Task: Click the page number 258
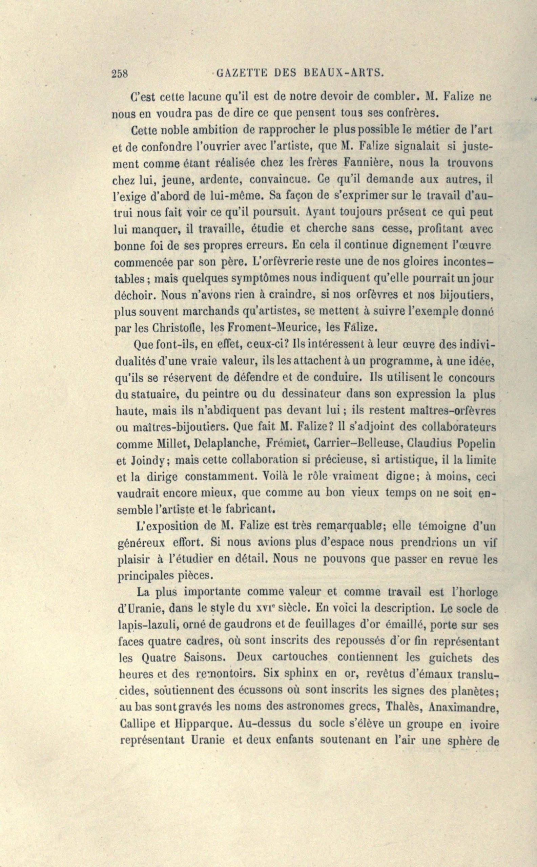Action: click(x=119, y=73)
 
